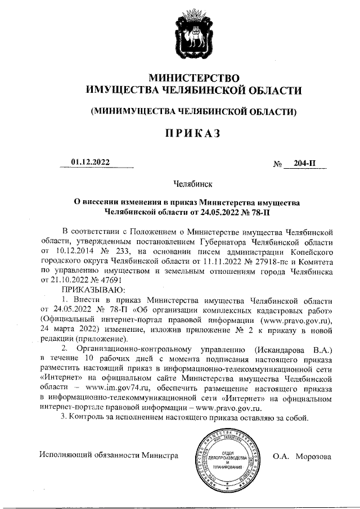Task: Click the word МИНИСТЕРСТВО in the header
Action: pos(193,77)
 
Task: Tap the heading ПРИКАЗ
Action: pos(191,133)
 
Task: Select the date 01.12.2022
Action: pos(91,162)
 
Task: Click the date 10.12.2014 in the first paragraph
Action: pos(74,251)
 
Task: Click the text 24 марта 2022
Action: pos(67,329)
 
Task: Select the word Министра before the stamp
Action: pos(160,456)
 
